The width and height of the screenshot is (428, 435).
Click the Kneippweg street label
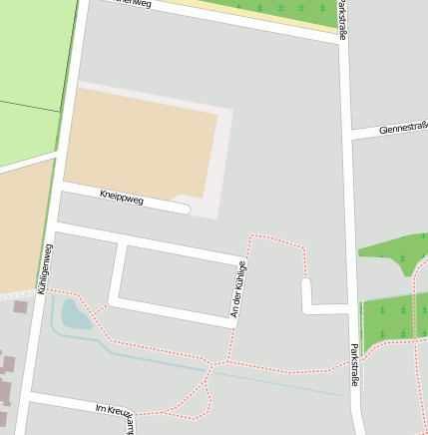coord(122,199)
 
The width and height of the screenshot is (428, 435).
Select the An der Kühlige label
coord(237,290)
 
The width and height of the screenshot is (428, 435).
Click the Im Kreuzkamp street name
coord(116,409)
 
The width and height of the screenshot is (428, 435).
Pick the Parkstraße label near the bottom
coord(355,366)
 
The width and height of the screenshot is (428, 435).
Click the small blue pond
coord(76,314)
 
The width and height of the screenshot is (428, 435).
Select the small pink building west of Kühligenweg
coord(20,306)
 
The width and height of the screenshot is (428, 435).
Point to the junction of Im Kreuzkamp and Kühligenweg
coord(29,398)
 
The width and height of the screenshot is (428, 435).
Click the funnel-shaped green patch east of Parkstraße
coord(395,255)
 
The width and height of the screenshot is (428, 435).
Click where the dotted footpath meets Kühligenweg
coord(44,291)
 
